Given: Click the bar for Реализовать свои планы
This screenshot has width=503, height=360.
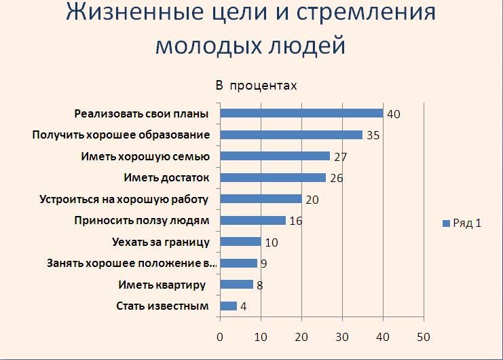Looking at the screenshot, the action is [301, 113].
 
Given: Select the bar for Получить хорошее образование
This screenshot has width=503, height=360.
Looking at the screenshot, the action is [291, 134].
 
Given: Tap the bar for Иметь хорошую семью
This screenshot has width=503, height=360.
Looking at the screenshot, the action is [275, 156].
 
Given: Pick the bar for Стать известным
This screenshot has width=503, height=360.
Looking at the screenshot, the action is [228, 306].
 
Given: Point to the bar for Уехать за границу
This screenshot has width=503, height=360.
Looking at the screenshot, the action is [240, 242].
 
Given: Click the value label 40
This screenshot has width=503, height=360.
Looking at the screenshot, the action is [394, 114].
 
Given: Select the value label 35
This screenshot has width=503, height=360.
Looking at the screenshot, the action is [373, 135].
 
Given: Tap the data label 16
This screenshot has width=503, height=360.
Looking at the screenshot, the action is [296, 221].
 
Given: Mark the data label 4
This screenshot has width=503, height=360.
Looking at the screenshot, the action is [244, 307].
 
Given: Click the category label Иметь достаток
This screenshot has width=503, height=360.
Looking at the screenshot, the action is [166, 177].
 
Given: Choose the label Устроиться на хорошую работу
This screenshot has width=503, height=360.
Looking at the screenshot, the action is [124, 199].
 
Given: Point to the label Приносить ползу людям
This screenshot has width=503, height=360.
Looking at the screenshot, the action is [142, 221].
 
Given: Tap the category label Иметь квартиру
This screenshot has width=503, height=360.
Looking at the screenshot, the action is [162, 285].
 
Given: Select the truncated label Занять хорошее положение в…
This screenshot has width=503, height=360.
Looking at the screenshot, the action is [132, 264].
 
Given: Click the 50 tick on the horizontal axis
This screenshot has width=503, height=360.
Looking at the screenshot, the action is [424, 337].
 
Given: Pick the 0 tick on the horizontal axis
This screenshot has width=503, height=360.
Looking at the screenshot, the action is [220, 337].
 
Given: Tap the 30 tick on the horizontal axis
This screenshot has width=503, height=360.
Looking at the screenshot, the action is [342, 337].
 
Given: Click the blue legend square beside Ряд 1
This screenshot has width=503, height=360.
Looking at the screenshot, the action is [446, 223].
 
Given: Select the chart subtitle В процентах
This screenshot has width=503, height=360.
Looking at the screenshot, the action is [257, 86].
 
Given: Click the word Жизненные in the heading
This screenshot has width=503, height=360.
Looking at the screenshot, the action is [135, 13].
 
